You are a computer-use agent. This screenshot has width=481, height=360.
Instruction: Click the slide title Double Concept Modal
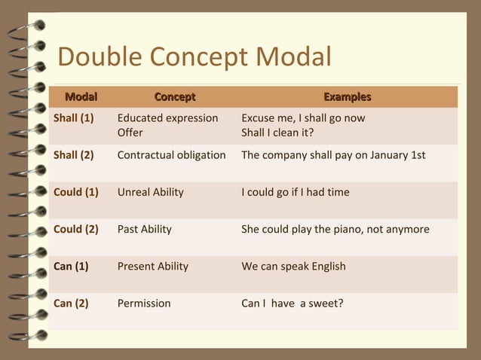click(x=195, y=57)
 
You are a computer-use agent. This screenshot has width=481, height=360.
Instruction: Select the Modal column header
click(x=81, y=97)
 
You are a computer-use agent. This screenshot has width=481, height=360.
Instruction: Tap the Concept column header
click(x=174, y=97)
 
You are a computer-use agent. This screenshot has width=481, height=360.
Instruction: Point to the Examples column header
click(x=347, y=97)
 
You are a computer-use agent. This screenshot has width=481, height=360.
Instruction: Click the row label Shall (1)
click(x=74, y=118)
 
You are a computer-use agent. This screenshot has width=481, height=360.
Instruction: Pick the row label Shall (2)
click(x=74, y=155)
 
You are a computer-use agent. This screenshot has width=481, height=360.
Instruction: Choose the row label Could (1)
click(x=76, y=192)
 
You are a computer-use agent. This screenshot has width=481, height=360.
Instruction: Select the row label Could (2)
click(x=76, y=229)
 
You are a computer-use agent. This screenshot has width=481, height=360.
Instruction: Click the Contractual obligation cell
click(x=172, y=155)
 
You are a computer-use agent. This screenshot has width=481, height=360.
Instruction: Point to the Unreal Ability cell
click(x=151, y=192)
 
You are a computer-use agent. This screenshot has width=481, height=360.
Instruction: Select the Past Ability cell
click(x=145, y=229)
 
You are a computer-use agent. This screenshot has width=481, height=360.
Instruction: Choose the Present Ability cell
click(x=153, y=266)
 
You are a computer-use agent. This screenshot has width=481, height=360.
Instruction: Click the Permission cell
click(x=144, y=304)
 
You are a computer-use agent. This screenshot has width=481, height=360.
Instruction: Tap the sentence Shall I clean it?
click(x=277, y=133)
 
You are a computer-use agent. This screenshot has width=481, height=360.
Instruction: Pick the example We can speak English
click(x=293, y=266)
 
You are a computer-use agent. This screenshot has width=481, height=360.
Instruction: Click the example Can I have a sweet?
click(x=292, y=304)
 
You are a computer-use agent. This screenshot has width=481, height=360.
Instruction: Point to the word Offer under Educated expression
click(x=130, y=133)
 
